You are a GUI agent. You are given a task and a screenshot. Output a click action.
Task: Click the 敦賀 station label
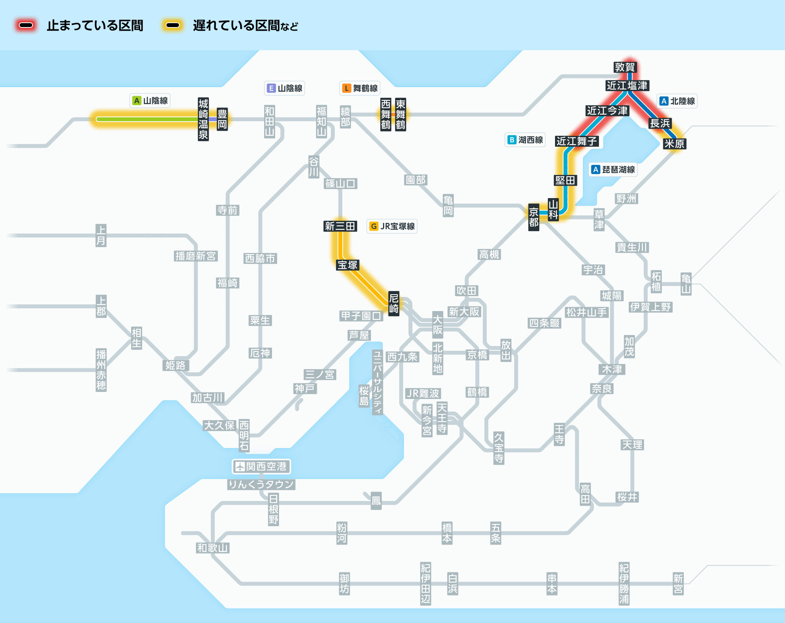click(624, 67)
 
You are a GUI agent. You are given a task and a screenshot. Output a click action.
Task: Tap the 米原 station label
click(674, 144)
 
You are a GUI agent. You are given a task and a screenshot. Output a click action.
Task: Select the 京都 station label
click(533, 217)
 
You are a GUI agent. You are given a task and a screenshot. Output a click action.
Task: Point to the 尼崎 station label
click(394, 303)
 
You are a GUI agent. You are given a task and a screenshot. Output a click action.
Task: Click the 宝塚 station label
click(348, 265)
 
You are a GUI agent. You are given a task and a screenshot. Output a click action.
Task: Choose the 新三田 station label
click(340, 226)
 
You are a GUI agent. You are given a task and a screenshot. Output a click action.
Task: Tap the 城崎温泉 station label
click(203, 119)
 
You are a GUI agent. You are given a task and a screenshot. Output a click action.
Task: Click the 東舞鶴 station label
click(400, 115)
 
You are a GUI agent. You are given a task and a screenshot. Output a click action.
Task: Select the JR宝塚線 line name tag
click(392, 226)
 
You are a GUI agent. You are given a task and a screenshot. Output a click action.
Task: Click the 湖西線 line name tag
click(525, 140)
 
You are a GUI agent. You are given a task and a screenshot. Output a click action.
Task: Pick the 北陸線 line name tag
click(677, 101)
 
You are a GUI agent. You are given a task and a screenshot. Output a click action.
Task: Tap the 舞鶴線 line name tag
click(360, 88)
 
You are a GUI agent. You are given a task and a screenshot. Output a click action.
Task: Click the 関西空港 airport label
click(261, 466)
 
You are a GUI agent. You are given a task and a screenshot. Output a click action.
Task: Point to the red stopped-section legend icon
click(26, 26)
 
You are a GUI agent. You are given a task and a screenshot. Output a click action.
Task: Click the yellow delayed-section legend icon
click(173, 26)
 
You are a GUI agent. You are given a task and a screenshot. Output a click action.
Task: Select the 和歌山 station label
click(213, 548)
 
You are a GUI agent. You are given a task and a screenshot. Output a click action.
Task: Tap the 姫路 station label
click(175, 366)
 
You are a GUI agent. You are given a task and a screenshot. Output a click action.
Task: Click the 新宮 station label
click(678, 584)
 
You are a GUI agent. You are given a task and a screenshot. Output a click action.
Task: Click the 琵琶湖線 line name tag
click(613, 169)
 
